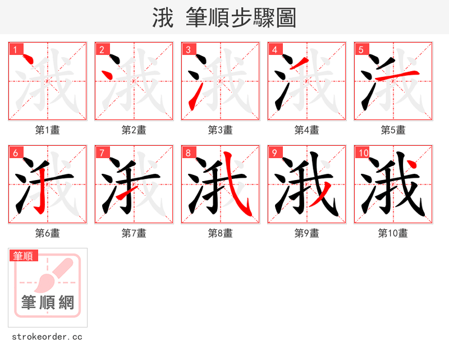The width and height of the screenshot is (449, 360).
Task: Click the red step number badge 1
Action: (x=15, y=50)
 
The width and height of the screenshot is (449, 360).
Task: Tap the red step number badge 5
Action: (x=361, y=50)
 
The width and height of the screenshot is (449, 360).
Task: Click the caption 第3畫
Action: (x=220, y=130)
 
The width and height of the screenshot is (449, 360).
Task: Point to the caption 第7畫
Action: (x=134, y=233)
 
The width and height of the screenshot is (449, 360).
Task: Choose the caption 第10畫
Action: (x=393, y=233)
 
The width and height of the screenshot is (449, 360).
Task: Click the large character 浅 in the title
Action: (x=163, y=18)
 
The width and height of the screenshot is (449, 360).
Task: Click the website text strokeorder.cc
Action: (x=47, y=337)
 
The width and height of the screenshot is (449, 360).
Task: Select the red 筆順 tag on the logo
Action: (x=24, y=256)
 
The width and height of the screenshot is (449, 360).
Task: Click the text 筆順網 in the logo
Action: (x=48, y=303)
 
